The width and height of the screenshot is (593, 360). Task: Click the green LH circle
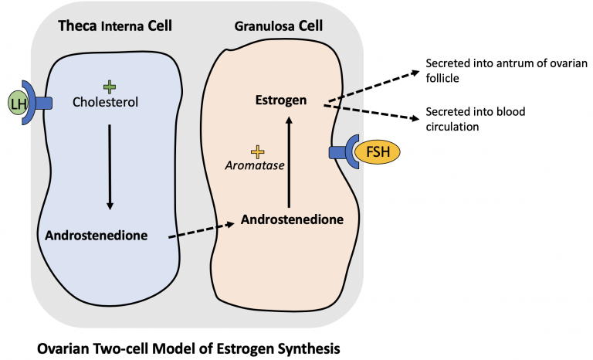click(x=16, y=101)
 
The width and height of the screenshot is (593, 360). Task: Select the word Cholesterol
click(x=110, y=101)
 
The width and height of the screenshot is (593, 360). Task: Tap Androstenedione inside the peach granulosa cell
click(x=291, y=219)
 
